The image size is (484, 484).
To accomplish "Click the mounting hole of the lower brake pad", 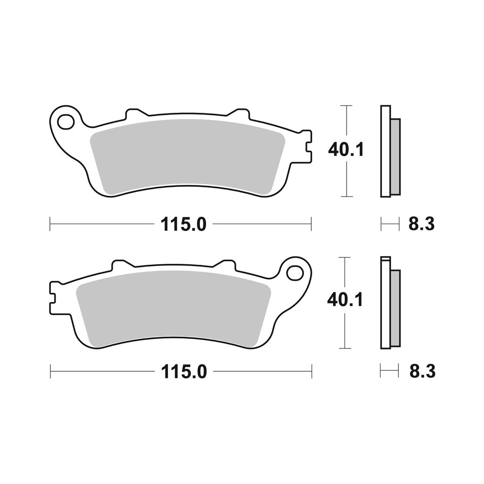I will [x=293, y=273].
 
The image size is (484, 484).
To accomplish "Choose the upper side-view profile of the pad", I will [x=390, y=151].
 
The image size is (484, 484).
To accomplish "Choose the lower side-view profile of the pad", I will [x=390, y=302].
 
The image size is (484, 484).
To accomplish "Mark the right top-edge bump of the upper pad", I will [x=238, y=114].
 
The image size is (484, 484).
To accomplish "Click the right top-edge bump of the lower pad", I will [x=225, y=265].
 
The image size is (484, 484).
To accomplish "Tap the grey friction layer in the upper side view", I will [x=395, y=156].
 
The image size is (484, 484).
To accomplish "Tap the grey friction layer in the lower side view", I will [x=395, y=308].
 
